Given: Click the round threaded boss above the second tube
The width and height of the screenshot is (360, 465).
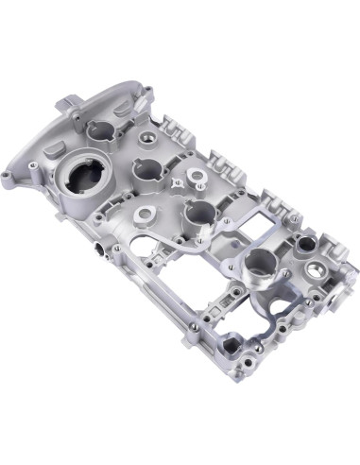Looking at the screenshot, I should [150, 139].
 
